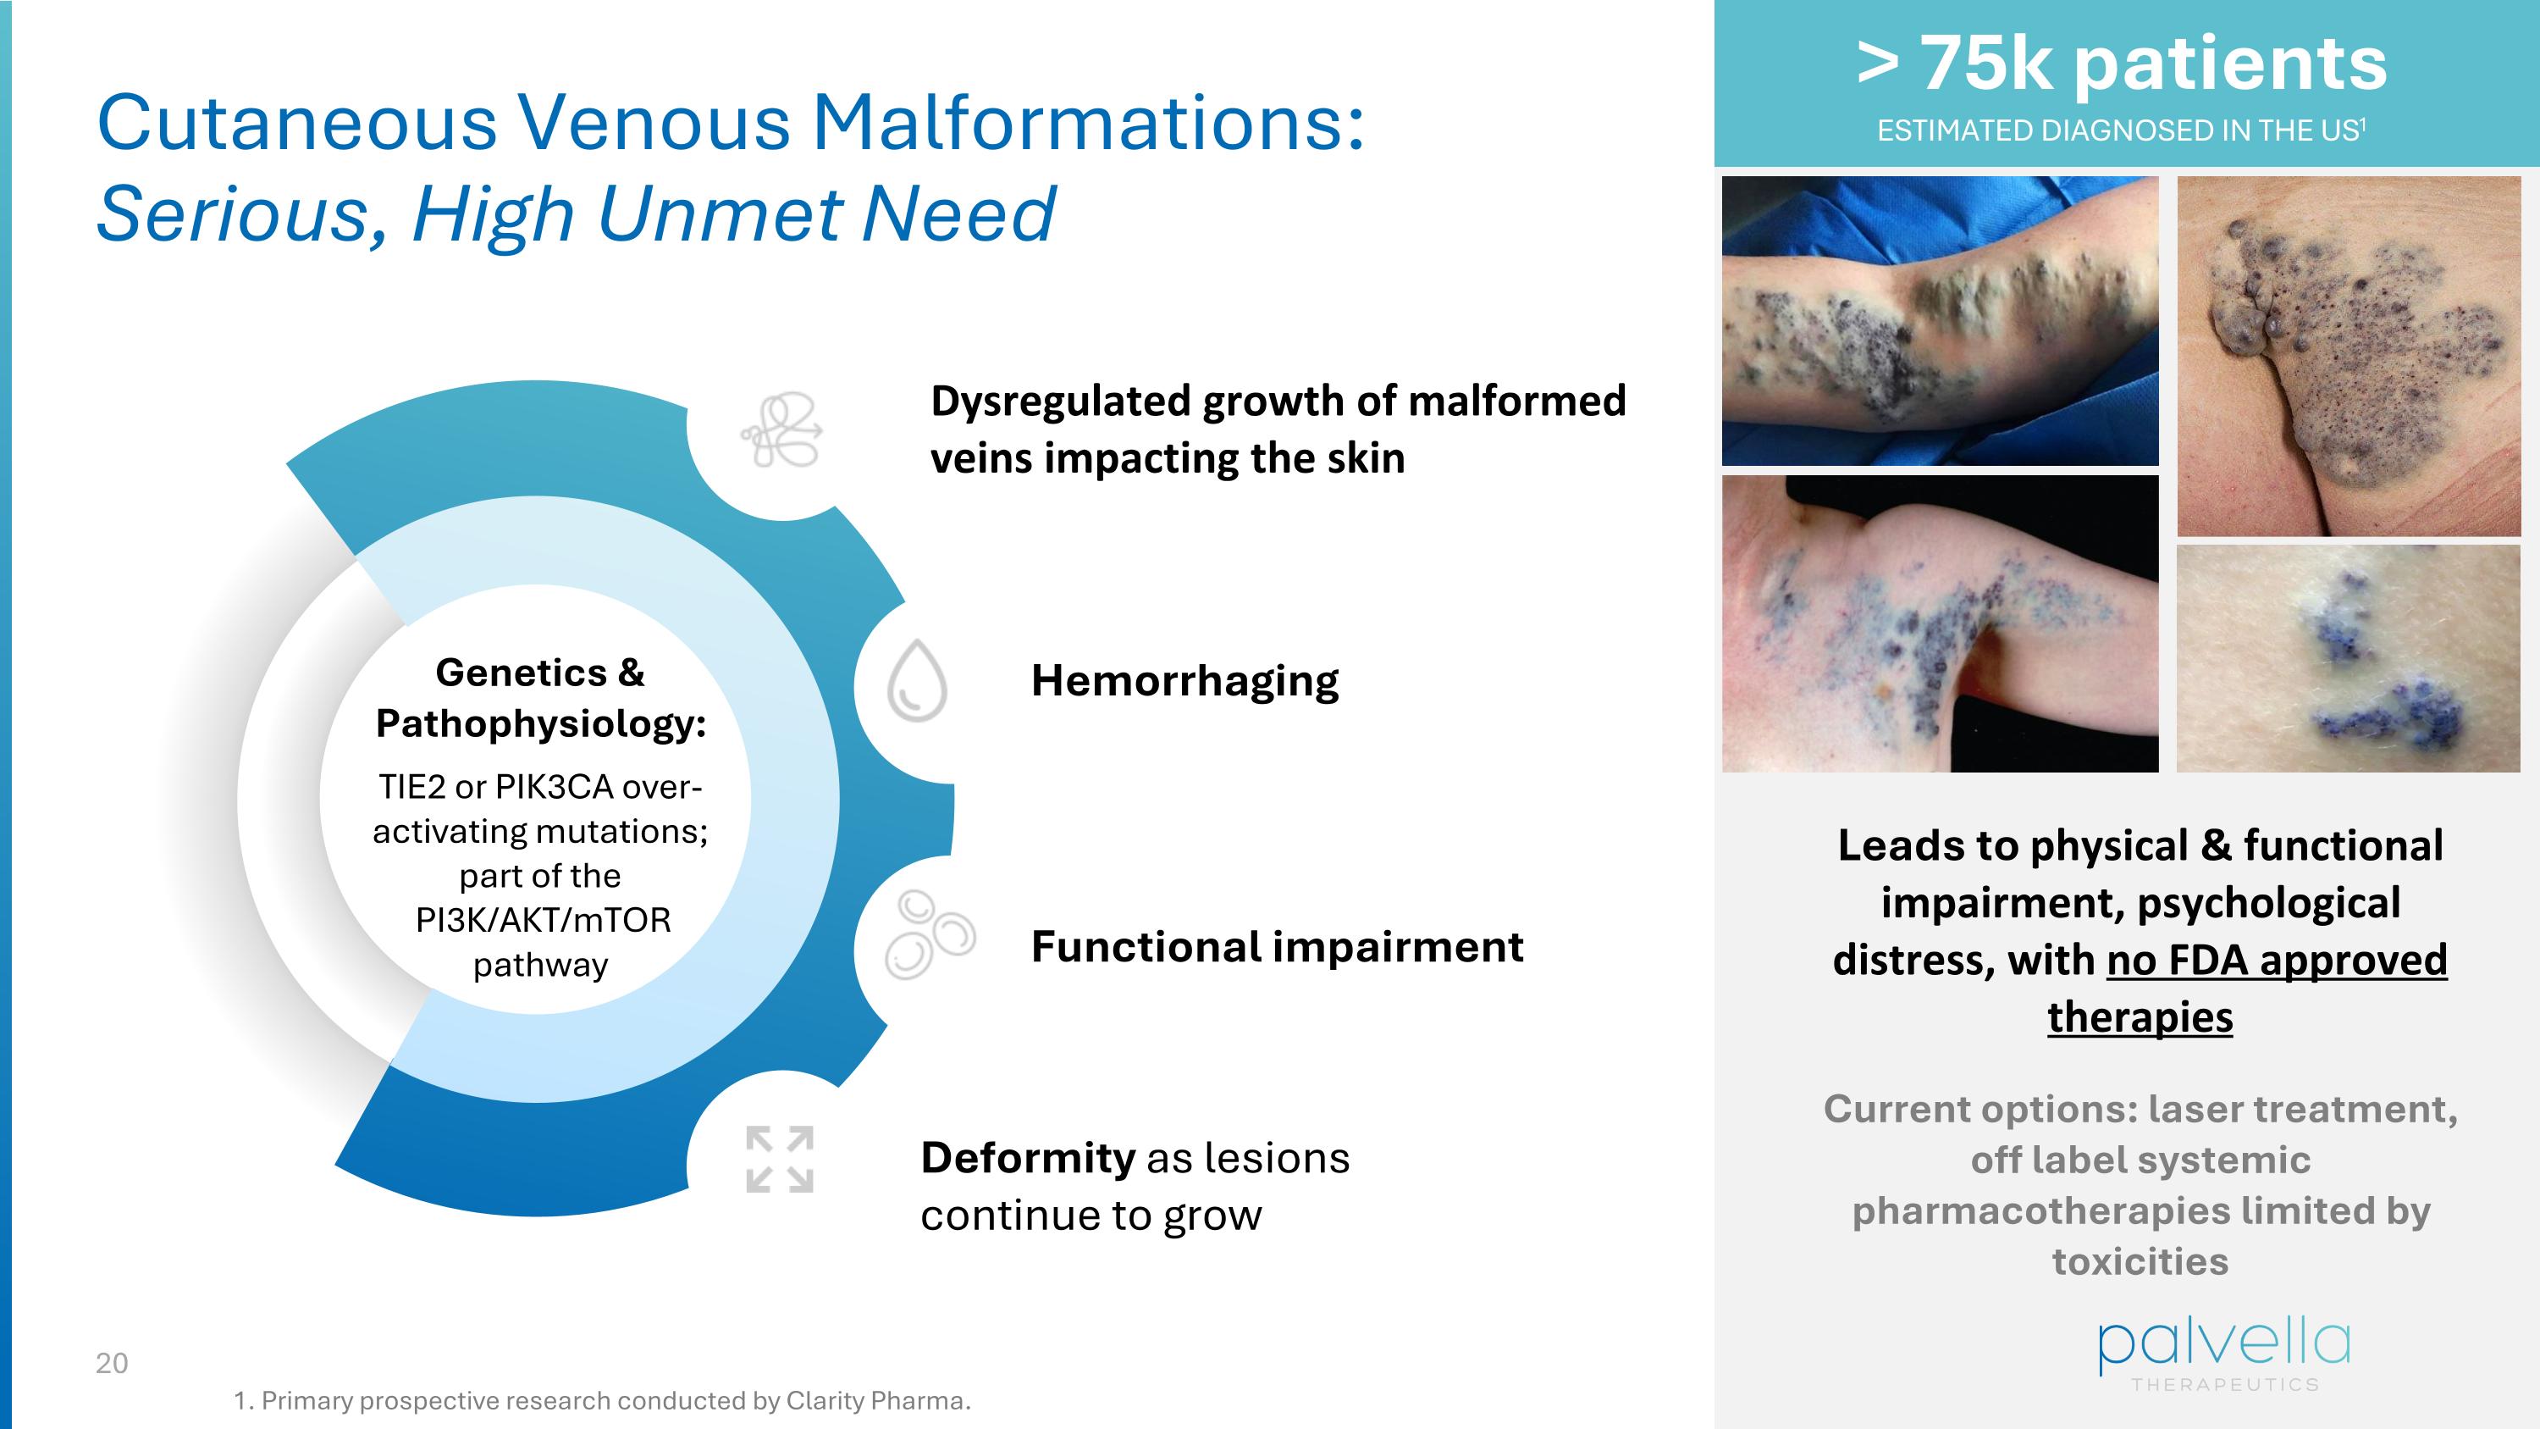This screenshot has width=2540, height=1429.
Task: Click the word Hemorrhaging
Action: (x=1184, y=681)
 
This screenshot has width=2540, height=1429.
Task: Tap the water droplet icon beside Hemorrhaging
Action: (x=917, y=681)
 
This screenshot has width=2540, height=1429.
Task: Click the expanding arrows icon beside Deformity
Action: (x=780, y=1159)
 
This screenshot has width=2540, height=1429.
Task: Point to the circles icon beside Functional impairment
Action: (x=928, y=934)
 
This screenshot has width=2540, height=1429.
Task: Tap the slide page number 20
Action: (x=112, y=1363)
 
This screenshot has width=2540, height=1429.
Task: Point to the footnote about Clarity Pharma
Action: (x=601, y=1400)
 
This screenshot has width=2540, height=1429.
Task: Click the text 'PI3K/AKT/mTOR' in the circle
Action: (x=543, y=920)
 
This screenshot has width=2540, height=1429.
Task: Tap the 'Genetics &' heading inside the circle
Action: (x=539, y=673)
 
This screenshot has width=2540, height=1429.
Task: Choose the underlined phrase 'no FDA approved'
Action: (x=2277, y=960)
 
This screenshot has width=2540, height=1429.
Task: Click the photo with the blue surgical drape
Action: (x=1940, y=320)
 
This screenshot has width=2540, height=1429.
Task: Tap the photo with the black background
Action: (x=1940, y=623)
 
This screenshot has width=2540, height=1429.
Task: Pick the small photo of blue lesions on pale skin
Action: (x=2348, y=659)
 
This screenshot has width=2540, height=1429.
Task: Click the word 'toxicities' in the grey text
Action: (x=2140, y=1261)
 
